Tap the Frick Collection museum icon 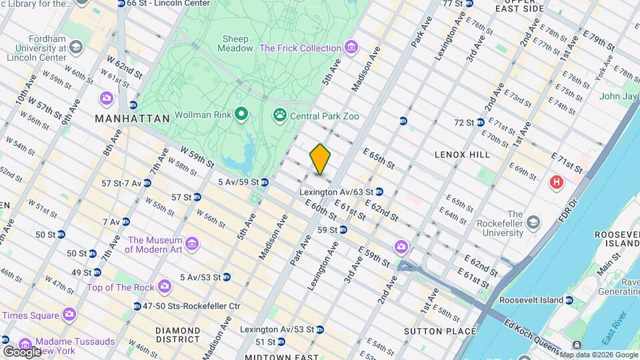tap(351, 48)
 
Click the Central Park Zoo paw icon tap(279, 116)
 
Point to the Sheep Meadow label tap(237, 43)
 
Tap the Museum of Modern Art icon tap(192, 245)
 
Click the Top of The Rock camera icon tap(164, 287)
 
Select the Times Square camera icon tap(69, 315)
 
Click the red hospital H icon tap(555, 181)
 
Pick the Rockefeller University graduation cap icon tap(533, 221)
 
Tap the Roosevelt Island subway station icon tap(569, 301)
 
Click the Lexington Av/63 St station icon tap(379, 192)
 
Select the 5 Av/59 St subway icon tap(265, 182)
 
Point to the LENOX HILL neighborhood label tap(462, 155)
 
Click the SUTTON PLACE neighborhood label tap(440, 331)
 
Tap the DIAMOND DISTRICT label tap(178, 335)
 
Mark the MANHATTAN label tap(132, 119)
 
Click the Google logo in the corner tap(21, 351)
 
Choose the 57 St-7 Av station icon tap(147, 183)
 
